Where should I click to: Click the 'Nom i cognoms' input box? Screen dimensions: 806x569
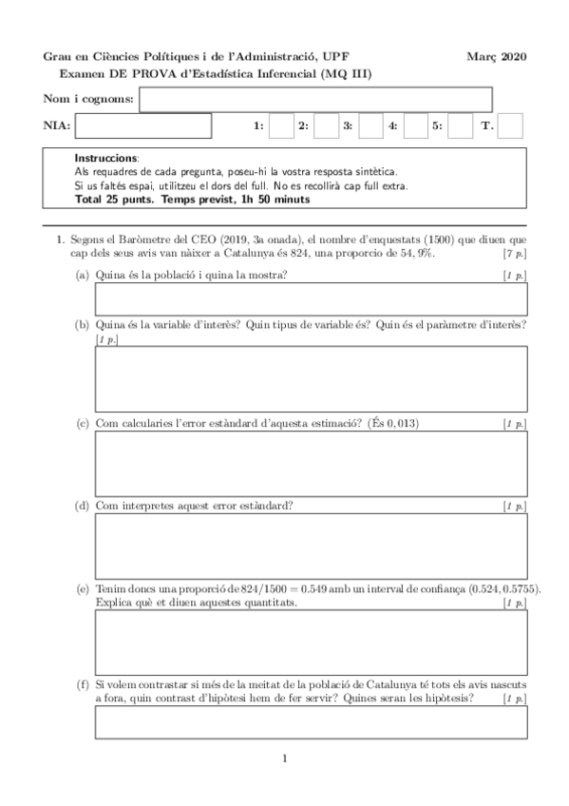tap(315, 99)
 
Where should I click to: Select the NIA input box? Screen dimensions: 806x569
tap(142, 125)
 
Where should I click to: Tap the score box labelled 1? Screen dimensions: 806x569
tap(281, 125)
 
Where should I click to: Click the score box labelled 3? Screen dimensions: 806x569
tap(370, 125)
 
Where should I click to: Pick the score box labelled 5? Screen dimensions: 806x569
tap(460, 125)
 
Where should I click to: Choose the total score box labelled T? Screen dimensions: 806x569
tap(511, 125)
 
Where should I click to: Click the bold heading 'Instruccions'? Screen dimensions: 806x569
tap(105, 157)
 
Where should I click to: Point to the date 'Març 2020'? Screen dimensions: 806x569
tap(497, 57)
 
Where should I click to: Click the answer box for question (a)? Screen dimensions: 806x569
tap(311, 297)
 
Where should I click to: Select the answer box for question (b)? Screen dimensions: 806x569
tap(311, 377)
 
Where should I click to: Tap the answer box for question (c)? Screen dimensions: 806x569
tap(311, 462)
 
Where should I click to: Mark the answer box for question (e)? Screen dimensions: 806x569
tap(311, 642)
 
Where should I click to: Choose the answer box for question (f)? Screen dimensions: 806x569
tap(311, 722)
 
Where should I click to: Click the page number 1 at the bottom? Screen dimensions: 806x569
tap(284, 758)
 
